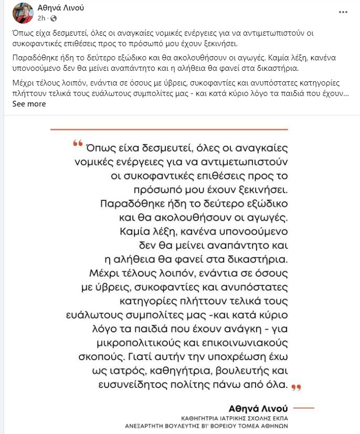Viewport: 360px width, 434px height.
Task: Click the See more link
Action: [29, 104]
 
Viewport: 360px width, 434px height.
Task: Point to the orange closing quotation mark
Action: [297, 387]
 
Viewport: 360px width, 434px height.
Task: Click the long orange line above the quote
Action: [169, 129]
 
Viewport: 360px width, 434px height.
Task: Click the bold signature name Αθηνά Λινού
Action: [259, 408]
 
